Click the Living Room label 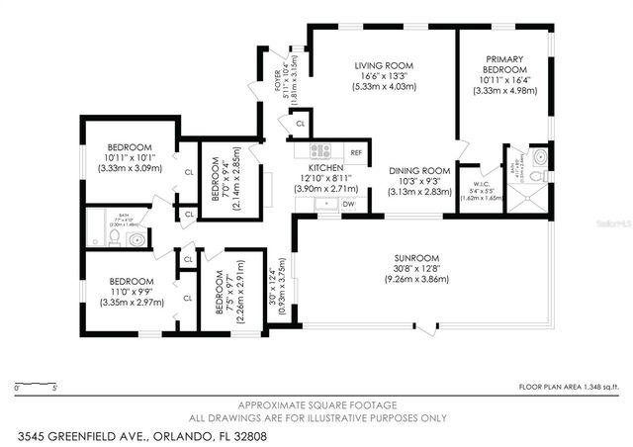pyautogui.click(x=384, y=66)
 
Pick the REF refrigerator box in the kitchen pyautogui.click(x=355, y=152)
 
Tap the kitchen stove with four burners pyautogui.click(x=320, y=151)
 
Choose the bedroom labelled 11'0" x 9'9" pyautogui.click(x=131, y=280)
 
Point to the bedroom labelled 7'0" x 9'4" pyautogui.click(x=220, y=179)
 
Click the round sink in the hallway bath pyautogui.click(x=137, y=238)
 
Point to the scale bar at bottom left pyautogui.click(x=37, y=384)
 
